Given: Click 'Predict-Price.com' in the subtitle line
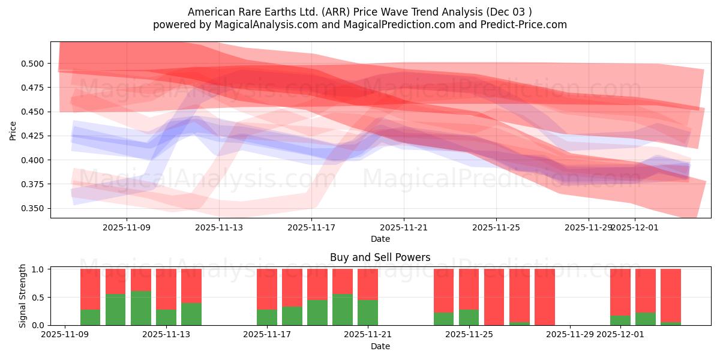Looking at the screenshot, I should click(x=527, y=25).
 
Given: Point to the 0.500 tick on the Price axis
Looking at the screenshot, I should click(x=34, y=64).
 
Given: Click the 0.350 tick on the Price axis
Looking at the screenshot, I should click(x=34, y=209).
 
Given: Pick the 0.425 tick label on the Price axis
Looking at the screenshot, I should click(x=34, y=136).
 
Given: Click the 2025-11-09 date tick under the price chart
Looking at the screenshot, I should click(x=127, y=227).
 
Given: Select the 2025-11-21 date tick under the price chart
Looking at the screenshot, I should click(x=404, y=227).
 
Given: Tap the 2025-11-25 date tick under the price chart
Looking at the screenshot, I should click(x=496, y=227).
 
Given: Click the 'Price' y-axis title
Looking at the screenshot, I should click(x=13, y=130).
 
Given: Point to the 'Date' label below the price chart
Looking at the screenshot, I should click(x=380, y=239).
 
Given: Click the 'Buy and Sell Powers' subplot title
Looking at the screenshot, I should click(x=380, y=257).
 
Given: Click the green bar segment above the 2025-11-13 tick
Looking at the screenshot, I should click(x=191, y=314).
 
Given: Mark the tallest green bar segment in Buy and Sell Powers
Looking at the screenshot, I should click(x=141, y=308).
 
